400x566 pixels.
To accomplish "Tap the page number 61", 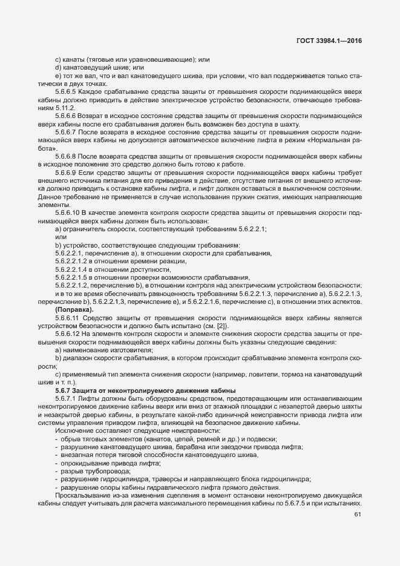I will (357, 515).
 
